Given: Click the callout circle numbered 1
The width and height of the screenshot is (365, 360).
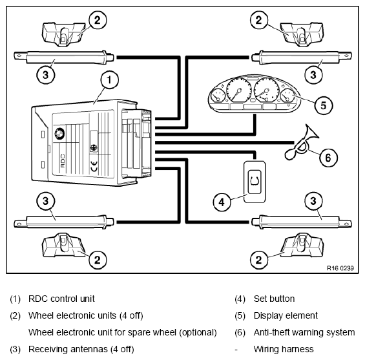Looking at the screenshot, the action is click(x=109, y=80).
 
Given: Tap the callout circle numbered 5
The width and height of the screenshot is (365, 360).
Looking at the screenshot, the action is click(x=324, y=105).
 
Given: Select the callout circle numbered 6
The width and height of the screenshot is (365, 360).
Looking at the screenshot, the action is click(x=328, y=158).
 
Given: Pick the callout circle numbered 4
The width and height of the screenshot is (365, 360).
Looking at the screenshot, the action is click(x=222, y=202).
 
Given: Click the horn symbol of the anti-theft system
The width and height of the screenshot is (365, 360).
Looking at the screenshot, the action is click(x=302, y=143).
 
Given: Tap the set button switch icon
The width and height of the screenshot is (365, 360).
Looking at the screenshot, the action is click(x=255, y=182).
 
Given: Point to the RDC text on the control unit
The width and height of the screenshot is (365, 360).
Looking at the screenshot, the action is click(x=63, y=160).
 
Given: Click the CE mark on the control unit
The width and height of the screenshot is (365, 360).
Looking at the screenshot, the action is click(x=94, y=166).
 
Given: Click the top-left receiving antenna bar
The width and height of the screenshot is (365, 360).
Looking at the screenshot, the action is click(x=64, y=57).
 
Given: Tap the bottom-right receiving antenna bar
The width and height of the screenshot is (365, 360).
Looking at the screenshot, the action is click(x=302, y=221).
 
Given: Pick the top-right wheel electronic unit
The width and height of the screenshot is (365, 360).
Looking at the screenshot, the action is click(x=302, y=34).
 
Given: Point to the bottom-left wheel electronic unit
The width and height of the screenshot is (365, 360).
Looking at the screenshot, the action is click(x=64, y=244).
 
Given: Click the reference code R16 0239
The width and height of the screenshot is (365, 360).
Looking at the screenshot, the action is click(x=340, y=268).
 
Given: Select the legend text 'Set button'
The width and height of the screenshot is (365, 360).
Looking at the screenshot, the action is click(x=274, y=299).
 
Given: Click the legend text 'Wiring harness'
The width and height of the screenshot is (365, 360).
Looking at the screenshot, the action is click(x=284, y=349).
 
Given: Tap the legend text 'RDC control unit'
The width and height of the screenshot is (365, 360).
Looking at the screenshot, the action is click(x=61, y=299).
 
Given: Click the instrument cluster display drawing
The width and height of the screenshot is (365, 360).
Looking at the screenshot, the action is click(x=254, y=94).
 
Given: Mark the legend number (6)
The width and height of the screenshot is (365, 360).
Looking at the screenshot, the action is click(x=240, y=332).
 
